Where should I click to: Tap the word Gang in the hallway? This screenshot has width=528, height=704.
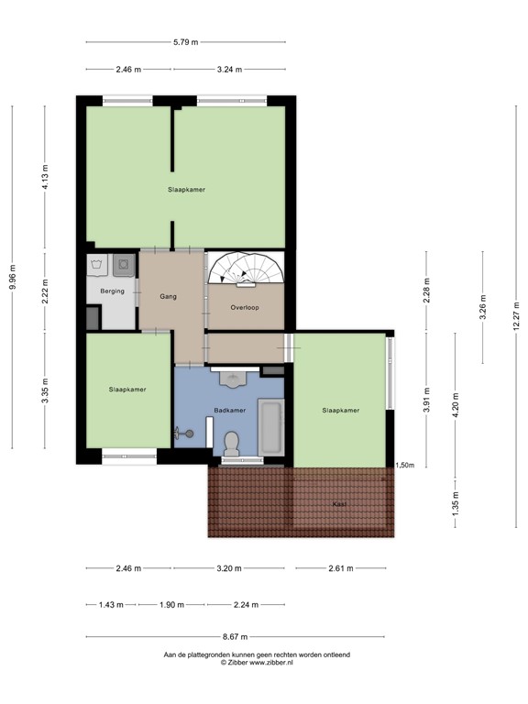pos(168,297)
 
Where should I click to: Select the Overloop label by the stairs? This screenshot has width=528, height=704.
pos(245,308)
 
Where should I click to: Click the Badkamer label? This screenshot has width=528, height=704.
pos(229,411)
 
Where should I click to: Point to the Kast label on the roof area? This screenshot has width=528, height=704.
pos(339,504)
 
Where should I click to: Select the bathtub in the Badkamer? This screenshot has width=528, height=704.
pos(272,426)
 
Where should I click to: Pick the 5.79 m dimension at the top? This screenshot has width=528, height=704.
pos(185,42)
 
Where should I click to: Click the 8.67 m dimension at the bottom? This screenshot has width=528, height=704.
pos(236,637)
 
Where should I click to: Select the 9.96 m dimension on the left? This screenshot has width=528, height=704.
pos(12,277)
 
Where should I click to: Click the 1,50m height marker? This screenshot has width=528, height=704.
pos(404,466)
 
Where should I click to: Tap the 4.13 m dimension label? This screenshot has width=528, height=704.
pos(45,175)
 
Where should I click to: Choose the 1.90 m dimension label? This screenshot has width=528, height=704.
pos(171,605)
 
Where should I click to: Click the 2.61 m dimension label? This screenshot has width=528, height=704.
pos(339,568)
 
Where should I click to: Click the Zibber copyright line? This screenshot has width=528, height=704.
pos(256,662)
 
